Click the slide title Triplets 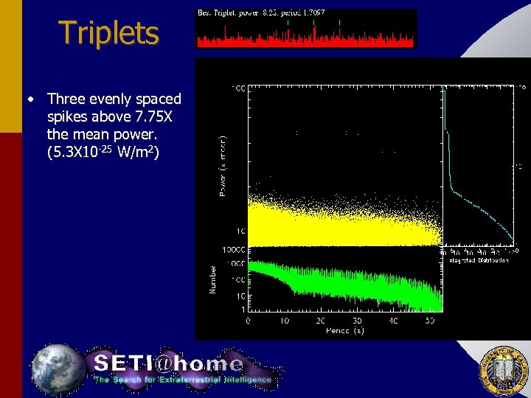pos(108,33)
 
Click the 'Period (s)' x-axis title pos(345,331)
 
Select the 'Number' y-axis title pos(214,280)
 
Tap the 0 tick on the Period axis pos(248,321)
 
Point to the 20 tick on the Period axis pos(321,321)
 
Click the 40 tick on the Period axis pos(393,321)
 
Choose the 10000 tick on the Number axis pos(235,250)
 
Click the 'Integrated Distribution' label pos(479,260)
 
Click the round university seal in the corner pos(503,369)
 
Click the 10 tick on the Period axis pos(284,321)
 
